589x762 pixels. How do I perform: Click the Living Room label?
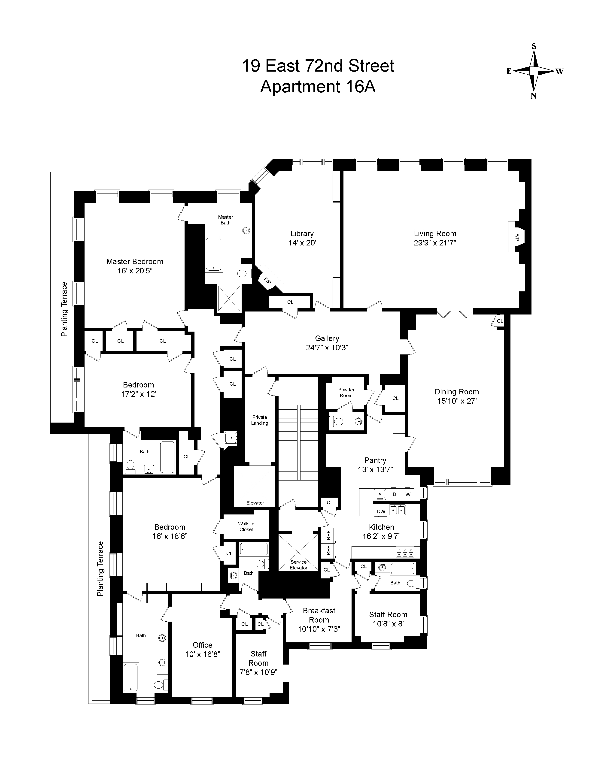[435, 234]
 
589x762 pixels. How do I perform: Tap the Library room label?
[302, 234]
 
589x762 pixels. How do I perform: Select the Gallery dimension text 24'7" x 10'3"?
[327, 348]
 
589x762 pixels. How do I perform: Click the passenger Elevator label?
[255, 503]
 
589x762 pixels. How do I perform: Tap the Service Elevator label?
[298, 565]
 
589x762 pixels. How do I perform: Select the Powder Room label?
[346, 393]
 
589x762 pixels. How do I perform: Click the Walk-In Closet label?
[246, 526]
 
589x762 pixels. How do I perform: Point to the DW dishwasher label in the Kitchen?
[381, 511]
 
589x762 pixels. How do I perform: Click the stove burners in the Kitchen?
[405, 552]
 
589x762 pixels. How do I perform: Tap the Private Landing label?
[260, 420]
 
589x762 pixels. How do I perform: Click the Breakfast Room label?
[319, 615]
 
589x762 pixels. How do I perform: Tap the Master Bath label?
[225, 220]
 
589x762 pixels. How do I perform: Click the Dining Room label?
[457, 392]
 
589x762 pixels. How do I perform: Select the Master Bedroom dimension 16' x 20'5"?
[135, 271]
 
